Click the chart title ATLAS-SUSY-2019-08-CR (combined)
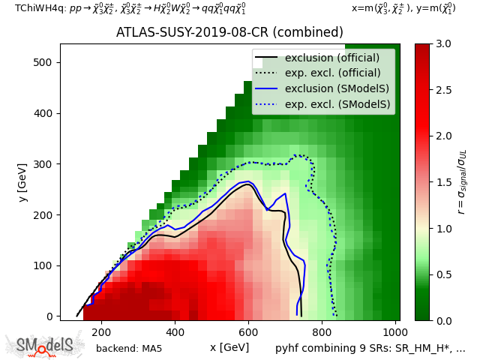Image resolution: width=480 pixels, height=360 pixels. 229,32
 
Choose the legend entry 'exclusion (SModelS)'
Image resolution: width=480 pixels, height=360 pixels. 337,89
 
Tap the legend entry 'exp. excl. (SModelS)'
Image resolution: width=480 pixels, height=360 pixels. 337,105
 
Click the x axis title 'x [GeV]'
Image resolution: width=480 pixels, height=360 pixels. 229,347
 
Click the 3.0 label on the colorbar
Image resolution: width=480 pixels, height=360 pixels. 444,44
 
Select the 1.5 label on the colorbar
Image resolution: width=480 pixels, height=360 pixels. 444,182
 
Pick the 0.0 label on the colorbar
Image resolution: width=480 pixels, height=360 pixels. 444,320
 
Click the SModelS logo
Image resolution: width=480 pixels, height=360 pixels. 46,345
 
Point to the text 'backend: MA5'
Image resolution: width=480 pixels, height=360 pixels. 129,348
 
